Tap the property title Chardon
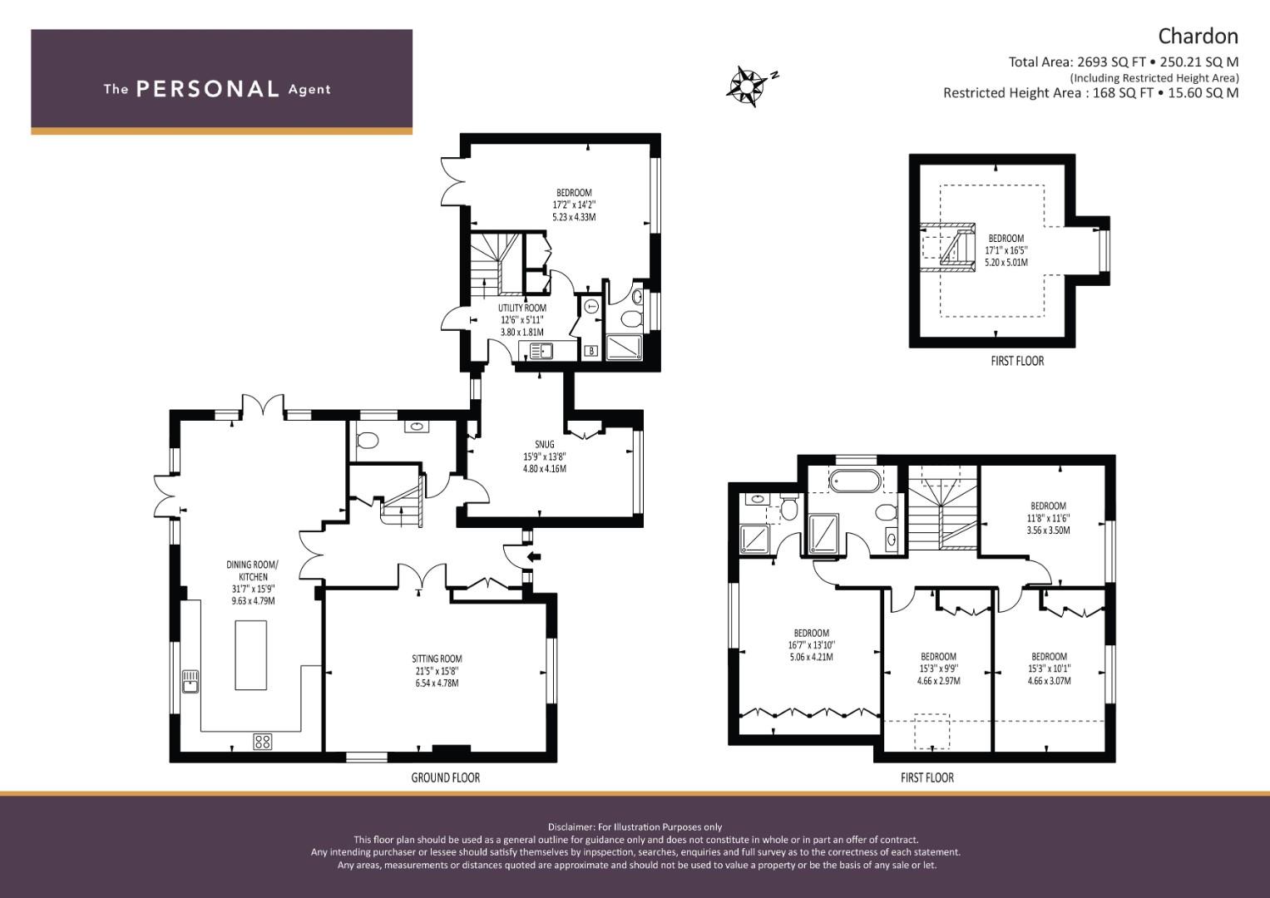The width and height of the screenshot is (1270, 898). [x=1198, y=36]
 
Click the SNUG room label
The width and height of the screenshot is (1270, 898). [x=545, y=444]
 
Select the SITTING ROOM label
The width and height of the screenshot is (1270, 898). [x=437, y=659]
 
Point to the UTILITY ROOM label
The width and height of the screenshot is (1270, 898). [x=522, y=308]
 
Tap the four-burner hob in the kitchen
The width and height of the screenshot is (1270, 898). [x=263, y=742]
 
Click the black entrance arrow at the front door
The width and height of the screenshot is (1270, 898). [x=533, y=557]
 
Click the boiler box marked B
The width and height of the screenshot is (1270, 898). [x=591, y=351]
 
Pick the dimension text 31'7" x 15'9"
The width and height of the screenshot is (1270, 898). [x=253, y=589]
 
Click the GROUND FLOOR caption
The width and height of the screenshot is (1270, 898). [x=445, y=777]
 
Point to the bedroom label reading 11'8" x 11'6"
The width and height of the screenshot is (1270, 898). [x=1048, y=517]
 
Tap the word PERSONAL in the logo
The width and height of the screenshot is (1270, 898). [x=207, y=89]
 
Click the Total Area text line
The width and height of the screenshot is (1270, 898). [x=1123, y=62]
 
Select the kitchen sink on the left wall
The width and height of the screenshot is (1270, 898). [x=190, y=681]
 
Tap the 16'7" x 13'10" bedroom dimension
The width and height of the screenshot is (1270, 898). [x=811, y=644]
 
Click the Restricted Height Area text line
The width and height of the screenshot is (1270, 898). [x=1090, y=92]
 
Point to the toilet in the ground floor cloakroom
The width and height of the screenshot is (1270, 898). [x=367, y=440]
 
